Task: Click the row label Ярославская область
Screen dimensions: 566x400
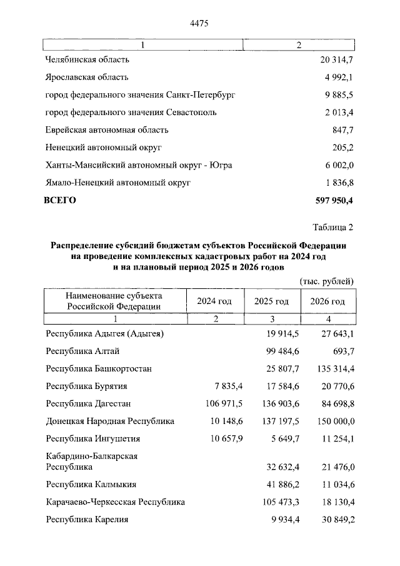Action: [x=87, y=78]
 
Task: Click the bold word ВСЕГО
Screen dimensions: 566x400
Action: [x=61, y=200]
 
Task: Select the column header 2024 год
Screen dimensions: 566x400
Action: [x=214, y=301]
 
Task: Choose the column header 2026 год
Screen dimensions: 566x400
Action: [x=328, y=301]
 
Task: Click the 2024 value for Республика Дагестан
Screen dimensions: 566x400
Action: [x=224, y=403]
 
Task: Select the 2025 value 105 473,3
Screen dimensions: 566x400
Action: [x=275, y=502]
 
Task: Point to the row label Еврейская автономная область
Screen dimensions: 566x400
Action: [x=107, y=130]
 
